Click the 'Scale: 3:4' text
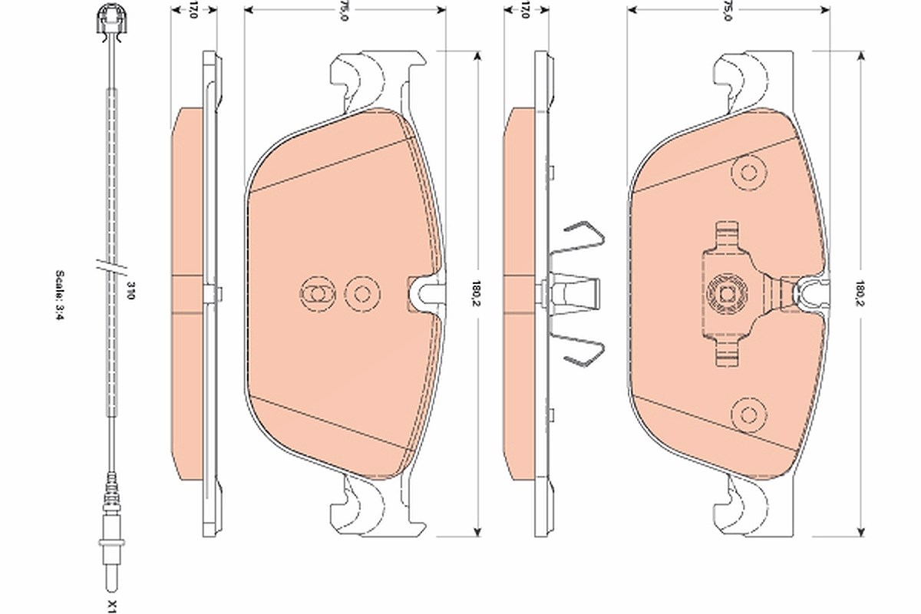pyautogui.click(x=60, y=295)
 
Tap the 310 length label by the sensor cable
pyautogui.click(x=130, y=290)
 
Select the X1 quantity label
pyautogui.click(x=113, y=606)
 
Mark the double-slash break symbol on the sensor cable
pyautogui.click(x=112, y=269)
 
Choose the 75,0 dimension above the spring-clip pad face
pyautogui.click(x=728, y=11)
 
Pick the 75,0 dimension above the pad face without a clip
pyautogui.click(x=345, y=11)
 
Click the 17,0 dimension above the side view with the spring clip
pyautogui.click(x=526, y=10)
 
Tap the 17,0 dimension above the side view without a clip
pyautogui.click(x=193, y=10)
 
